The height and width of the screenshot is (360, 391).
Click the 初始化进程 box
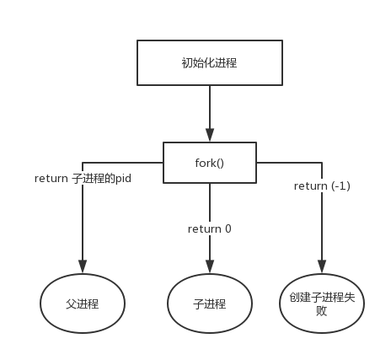pyautogui.click(x=209, y=62)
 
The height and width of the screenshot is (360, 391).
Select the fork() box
pyautogui.click(x=209, y=163)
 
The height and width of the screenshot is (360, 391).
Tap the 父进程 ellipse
pyautogui.click(x=83, y=304)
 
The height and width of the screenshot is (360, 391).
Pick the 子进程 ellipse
pyautogui.click(x=209, y=304)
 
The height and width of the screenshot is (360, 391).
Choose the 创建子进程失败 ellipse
pyautogui.click(x=322, y=304)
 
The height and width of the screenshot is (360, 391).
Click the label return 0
pyautogui.click(x=210, y=228)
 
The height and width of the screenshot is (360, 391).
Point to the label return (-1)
pyautogui.click(x=322, y=185)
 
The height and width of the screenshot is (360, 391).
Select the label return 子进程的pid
pyautogui.click(x=83, y=179)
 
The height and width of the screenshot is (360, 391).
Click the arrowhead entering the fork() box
pyautogui.click(x=210, y=135)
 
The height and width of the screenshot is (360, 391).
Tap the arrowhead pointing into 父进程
pyautogui.click(x=83, y=267)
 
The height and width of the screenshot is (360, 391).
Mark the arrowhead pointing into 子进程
pyautogui.click(x=210, y=267)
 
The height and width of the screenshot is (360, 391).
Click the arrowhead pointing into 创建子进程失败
pyautogui.click(x=322, y=267)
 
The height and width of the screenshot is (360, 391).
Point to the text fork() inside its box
pyautogui.click(x=209, y=163)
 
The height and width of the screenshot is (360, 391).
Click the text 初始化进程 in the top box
pyautogui.click(x=209, y=62)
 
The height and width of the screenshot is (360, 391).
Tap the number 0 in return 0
pyautogui.click(x=228, y=228)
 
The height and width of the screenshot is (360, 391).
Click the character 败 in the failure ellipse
pyautogui.click(x=322, y=311)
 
